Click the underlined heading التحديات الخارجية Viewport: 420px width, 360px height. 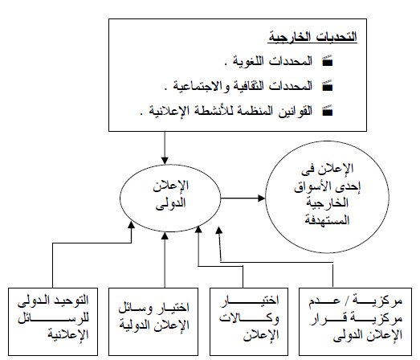click(312, 37)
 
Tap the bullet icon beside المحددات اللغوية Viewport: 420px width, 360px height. click(328, 61)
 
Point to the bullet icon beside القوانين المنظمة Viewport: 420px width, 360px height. click(328, 110)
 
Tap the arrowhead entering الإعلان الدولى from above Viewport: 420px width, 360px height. click(165, 161)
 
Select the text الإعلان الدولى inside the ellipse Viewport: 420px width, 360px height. click(171, 194)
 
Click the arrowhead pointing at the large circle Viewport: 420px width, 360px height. click(262, 198)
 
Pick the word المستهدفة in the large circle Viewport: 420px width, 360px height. click(327, 220)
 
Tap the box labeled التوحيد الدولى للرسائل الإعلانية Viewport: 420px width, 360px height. click(53, 321)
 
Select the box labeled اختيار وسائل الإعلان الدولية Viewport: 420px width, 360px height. click(153, 321)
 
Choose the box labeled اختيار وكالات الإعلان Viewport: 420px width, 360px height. click(249, 321)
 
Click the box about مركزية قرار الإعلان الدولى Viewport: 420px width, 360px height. click(355, 321)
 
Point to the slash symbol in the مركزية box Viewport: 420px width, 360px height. click(347, 301)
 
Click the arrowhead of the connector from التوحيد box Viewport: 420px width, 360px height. click(131, 225)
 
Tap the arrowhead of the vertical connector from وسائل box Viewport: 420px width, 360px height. click(165, 235)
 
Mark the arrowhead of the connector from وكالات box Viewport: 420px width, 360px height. click(198, 230)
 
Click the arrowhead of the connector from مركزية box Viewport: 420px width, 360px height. click(219, 231)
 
